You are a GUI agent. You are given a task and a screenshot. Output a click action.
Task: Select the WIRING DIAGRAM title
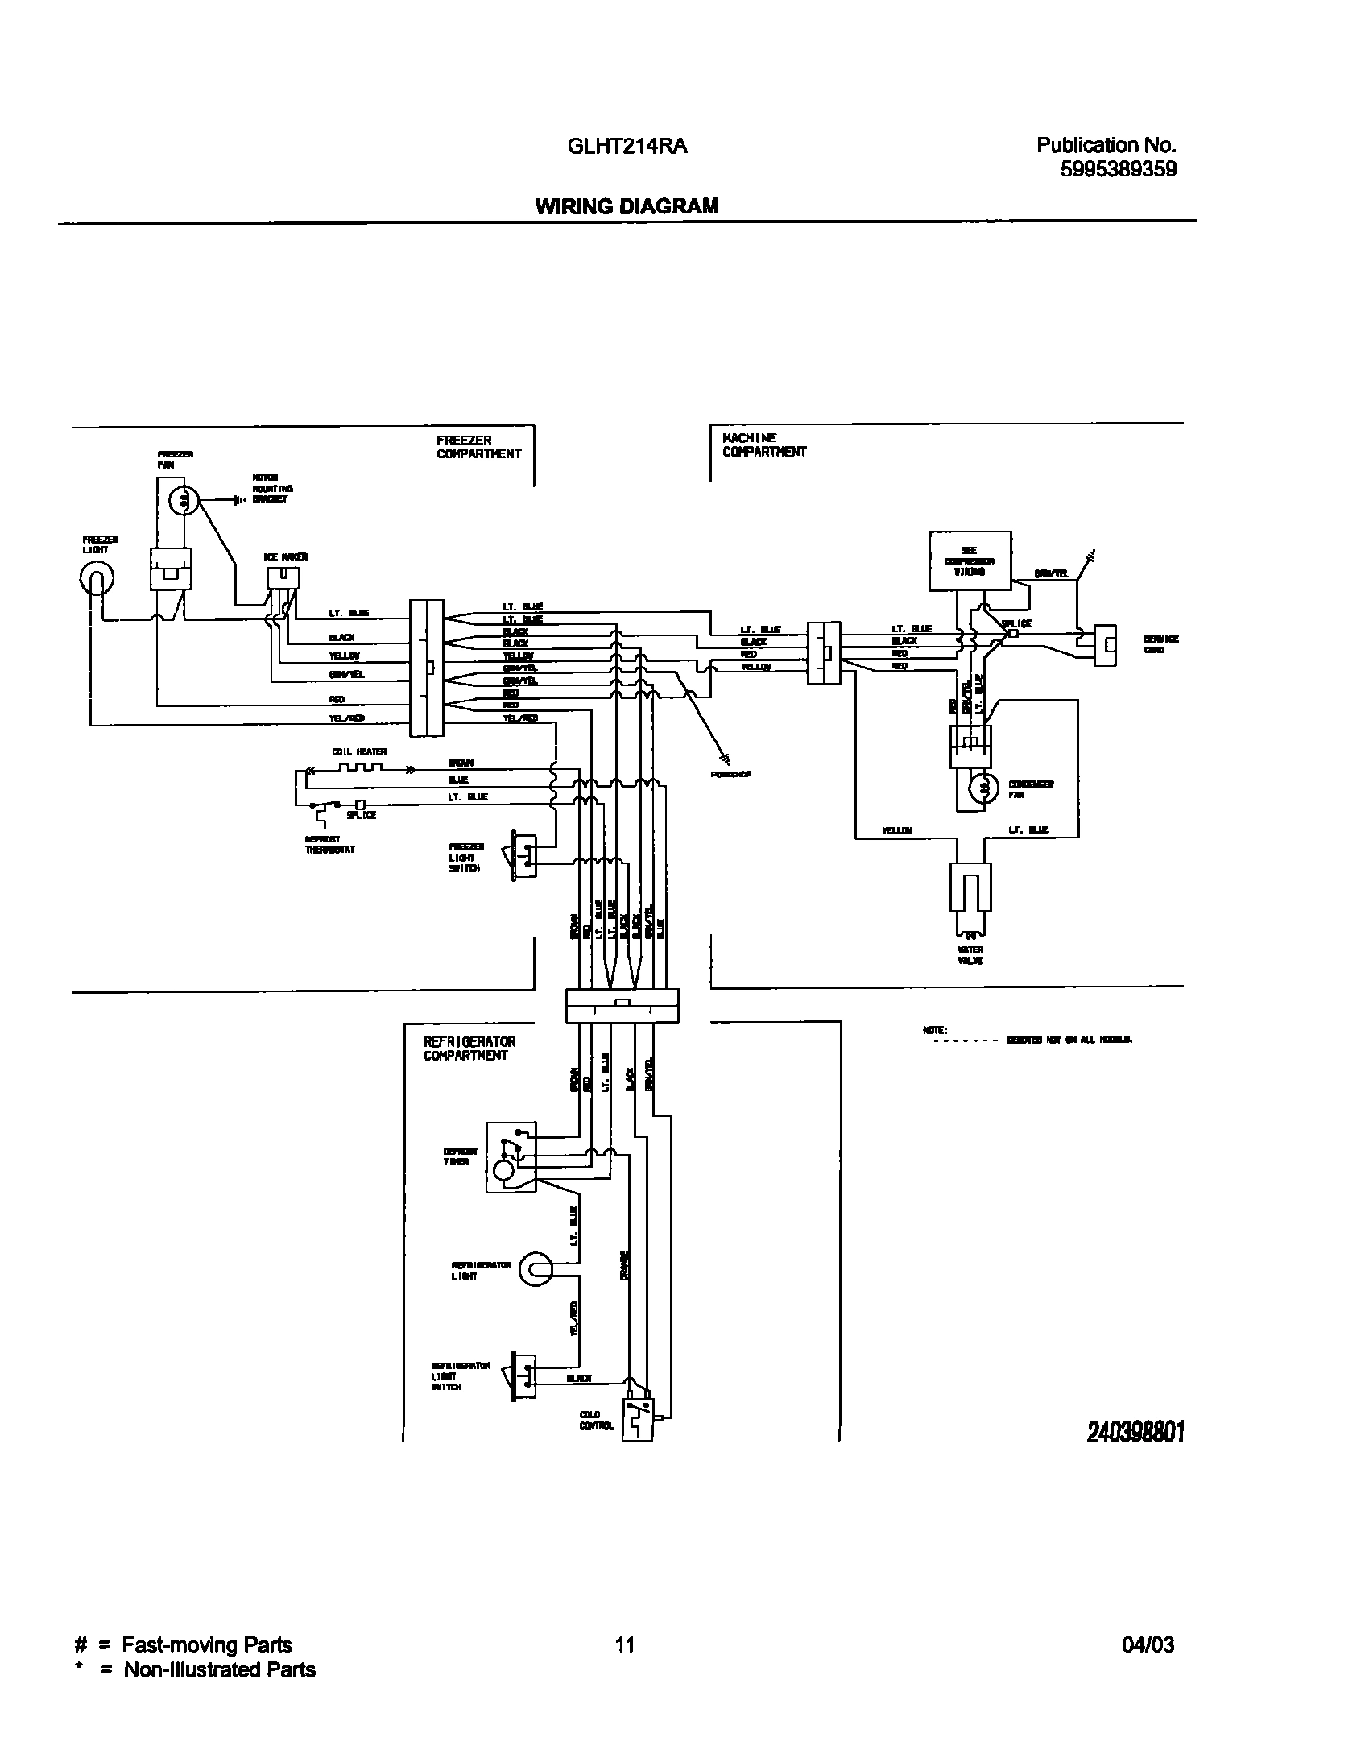click(x=627, y=206)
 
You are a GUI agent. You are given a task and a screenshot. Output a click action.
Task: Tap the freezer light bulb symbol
click(x=96, y=577)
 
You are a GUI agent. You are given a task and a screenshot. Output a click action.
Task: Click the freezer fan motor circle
click(x=183, y=501)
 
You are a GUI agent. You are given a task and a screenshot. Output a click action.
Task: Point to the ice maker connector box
click(x=283, y=577)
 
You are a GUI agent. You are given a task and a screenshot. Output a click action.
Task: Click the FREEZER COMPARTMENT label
click(x=478, y=447)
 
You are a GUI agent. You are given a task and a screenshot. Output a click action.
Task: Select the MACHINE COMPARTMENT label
click(x=763, y=445)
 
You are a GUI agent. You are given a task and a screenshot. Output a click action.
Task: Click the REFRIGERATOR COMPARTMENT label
click(x=469, y=1049)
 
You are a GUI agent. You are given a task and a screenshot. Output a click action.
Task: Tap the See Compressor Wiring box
click(x=970, y=561)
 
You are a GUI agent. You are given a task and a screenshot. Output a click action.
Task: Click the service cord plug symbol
click(x=1106, y=644)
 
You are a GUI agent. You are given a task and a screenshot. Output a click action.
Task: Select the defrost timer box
click(x=511, y=1157)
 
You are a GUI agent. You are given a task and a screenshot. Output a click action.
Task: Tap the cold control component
click(x=638, y=1420)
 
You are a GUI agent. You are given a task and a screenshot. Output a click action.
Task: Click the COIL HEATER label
click(x=359, y=751)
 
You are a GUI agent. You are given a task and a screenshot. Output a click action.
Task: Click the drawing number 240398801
click(x=1135, y=1431)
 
